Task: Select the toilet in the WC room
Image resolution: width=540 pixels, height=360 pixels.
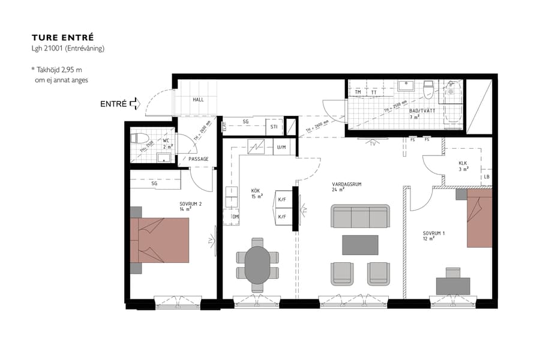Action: (x=136, y=138)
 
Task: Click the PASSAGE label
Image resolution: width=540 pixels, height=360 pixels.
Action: (x=199, y=159)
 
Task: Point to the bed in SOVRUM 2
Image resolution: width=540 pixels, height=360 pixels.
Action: (x=161, y=240)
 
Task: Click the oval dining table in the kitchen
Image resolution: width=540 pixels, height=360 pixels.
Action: (x=257, y=264)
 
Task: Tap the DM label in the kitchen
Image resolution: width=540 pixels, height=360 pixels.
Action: (x=236, y=217)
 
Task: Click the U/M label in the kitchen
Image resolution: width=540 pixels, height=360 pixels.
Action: (x=281, y=147)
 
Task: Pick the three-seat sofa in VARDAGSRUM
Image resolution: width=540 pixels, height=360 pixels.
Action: (x=360, y=217)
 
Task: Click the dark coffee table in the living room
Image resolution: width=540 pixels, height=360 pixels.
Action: (x=360, y=245)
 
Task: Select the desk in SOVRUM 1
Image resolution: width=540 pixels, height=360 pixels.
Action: (x=453, y=285)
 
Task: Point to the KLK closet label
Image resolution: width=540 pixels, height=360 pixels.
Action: (x=463, y=163)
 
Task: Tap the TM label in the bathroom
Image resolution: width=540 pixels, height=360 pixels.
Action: (x=358, y=92)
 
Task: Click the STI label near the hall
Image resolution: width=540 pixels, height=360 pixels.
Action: (x=274, y=127)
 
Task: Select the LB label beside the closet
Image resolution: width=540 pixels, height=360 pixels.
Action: (x=486, y=178)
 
